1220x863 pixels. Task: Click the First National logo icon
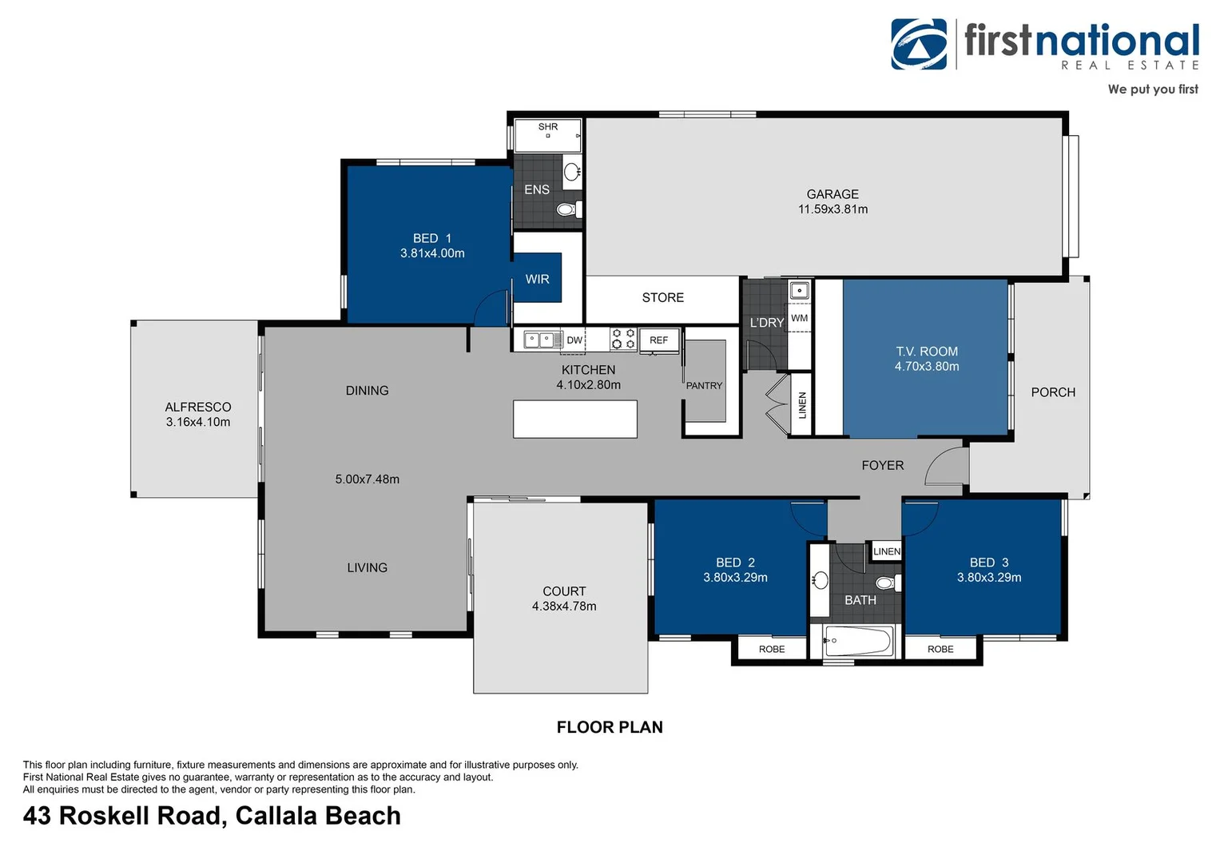(x=919, y=45)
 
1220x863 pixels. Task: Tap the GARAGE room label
(x=833, y=194)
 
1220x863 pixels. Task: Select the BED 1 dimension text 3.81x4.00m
(x=432, y=253)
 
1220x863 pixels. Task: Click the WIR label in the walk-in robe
(x=537, y=279)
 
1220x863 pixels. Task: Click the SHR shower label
(x=548, y=127)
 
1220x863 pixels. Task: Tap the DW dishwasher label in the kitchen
(x=574, y=340)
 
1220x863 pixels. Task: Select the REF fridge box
(x=659, y=340)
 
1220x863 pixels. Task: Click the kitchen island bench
(x=574, y=419)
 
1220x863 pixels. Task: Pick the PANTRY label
(x=704, y=386)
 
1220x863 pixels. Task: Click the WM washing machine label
(x=800, y=318)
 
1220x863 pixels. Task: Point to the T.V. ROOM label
(x=927, y=352)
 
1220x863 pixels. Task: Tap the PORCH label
(x=1053, y=392)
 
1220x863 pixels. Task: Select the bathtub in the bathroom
(x=859, y=641)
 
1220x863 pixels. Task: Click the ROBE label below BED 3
(x=940, y=649)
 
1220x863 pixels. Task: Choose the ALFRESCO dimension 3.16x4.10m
(x=198, y=422)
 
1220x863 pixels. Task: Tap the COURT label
(x=564, y=591)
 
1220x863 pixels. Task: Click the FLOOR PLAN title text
(x=610, y=727)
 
